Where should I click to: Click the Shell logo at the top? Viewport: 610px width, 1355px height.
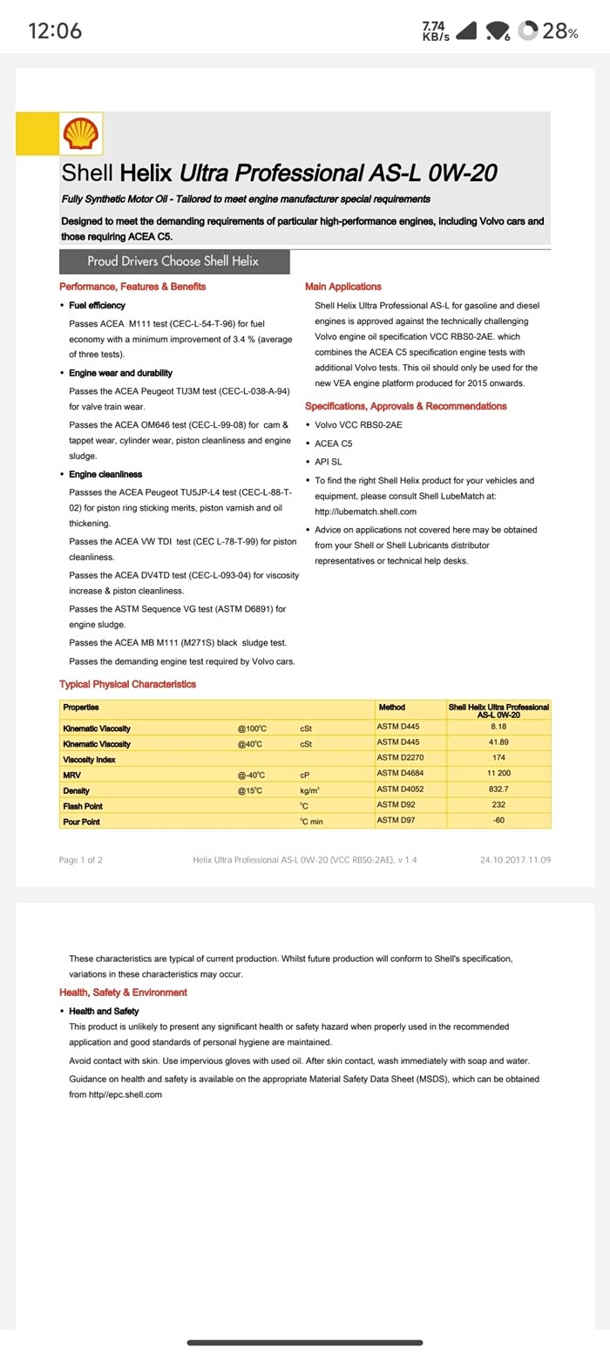coord(81,134)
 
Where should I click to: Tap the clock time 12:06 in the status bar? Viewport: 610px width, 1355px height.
coord(55,31)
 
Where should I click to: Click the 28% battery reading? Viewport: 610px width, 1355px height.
coord(559,31)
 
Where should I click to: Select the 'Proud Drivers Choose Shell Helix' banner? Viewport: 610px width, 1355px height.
coord(173,261)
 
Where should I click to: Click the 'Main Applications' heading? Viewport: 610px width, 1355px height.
coord(342,287)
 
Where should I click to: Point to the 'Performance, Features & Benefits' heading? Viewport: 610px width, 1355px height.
coord(132,287)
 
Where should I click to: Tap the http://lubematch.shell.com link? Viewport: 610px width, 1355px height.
coord(365,512)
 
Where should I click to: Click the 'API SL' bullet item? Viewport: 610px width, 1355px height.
coord(329,462)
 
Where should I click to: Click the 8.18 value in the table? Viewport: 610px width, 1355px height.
coord(498,727)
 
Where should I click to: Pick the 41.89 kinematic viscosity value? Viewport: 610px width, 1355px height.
coord(498,742)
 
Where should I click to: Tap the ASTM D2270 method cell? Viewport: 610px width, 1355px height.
coord(400,758)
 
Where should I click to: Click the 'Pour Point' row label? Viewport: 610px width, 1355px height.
coord(81,822)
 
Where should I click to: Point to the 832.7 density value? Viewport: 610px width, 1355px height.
coord(498,789)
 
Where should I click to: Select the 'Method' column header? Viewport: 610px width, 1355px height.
coord(391,708)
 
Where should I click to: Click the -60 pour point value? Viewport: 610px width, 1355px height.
coord(498,821)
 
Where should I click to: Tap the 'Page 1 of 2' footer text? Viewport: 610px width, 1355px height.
coord(80,860)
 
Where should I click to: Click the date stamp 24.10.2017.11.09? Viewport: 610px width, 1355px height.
coord(515,860)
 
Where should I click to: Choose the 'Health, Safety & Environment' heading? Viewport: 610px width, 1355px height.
coord(123,993)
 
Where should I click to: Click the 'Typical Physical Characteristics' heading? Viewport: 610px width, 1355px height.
coord(127,685)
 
